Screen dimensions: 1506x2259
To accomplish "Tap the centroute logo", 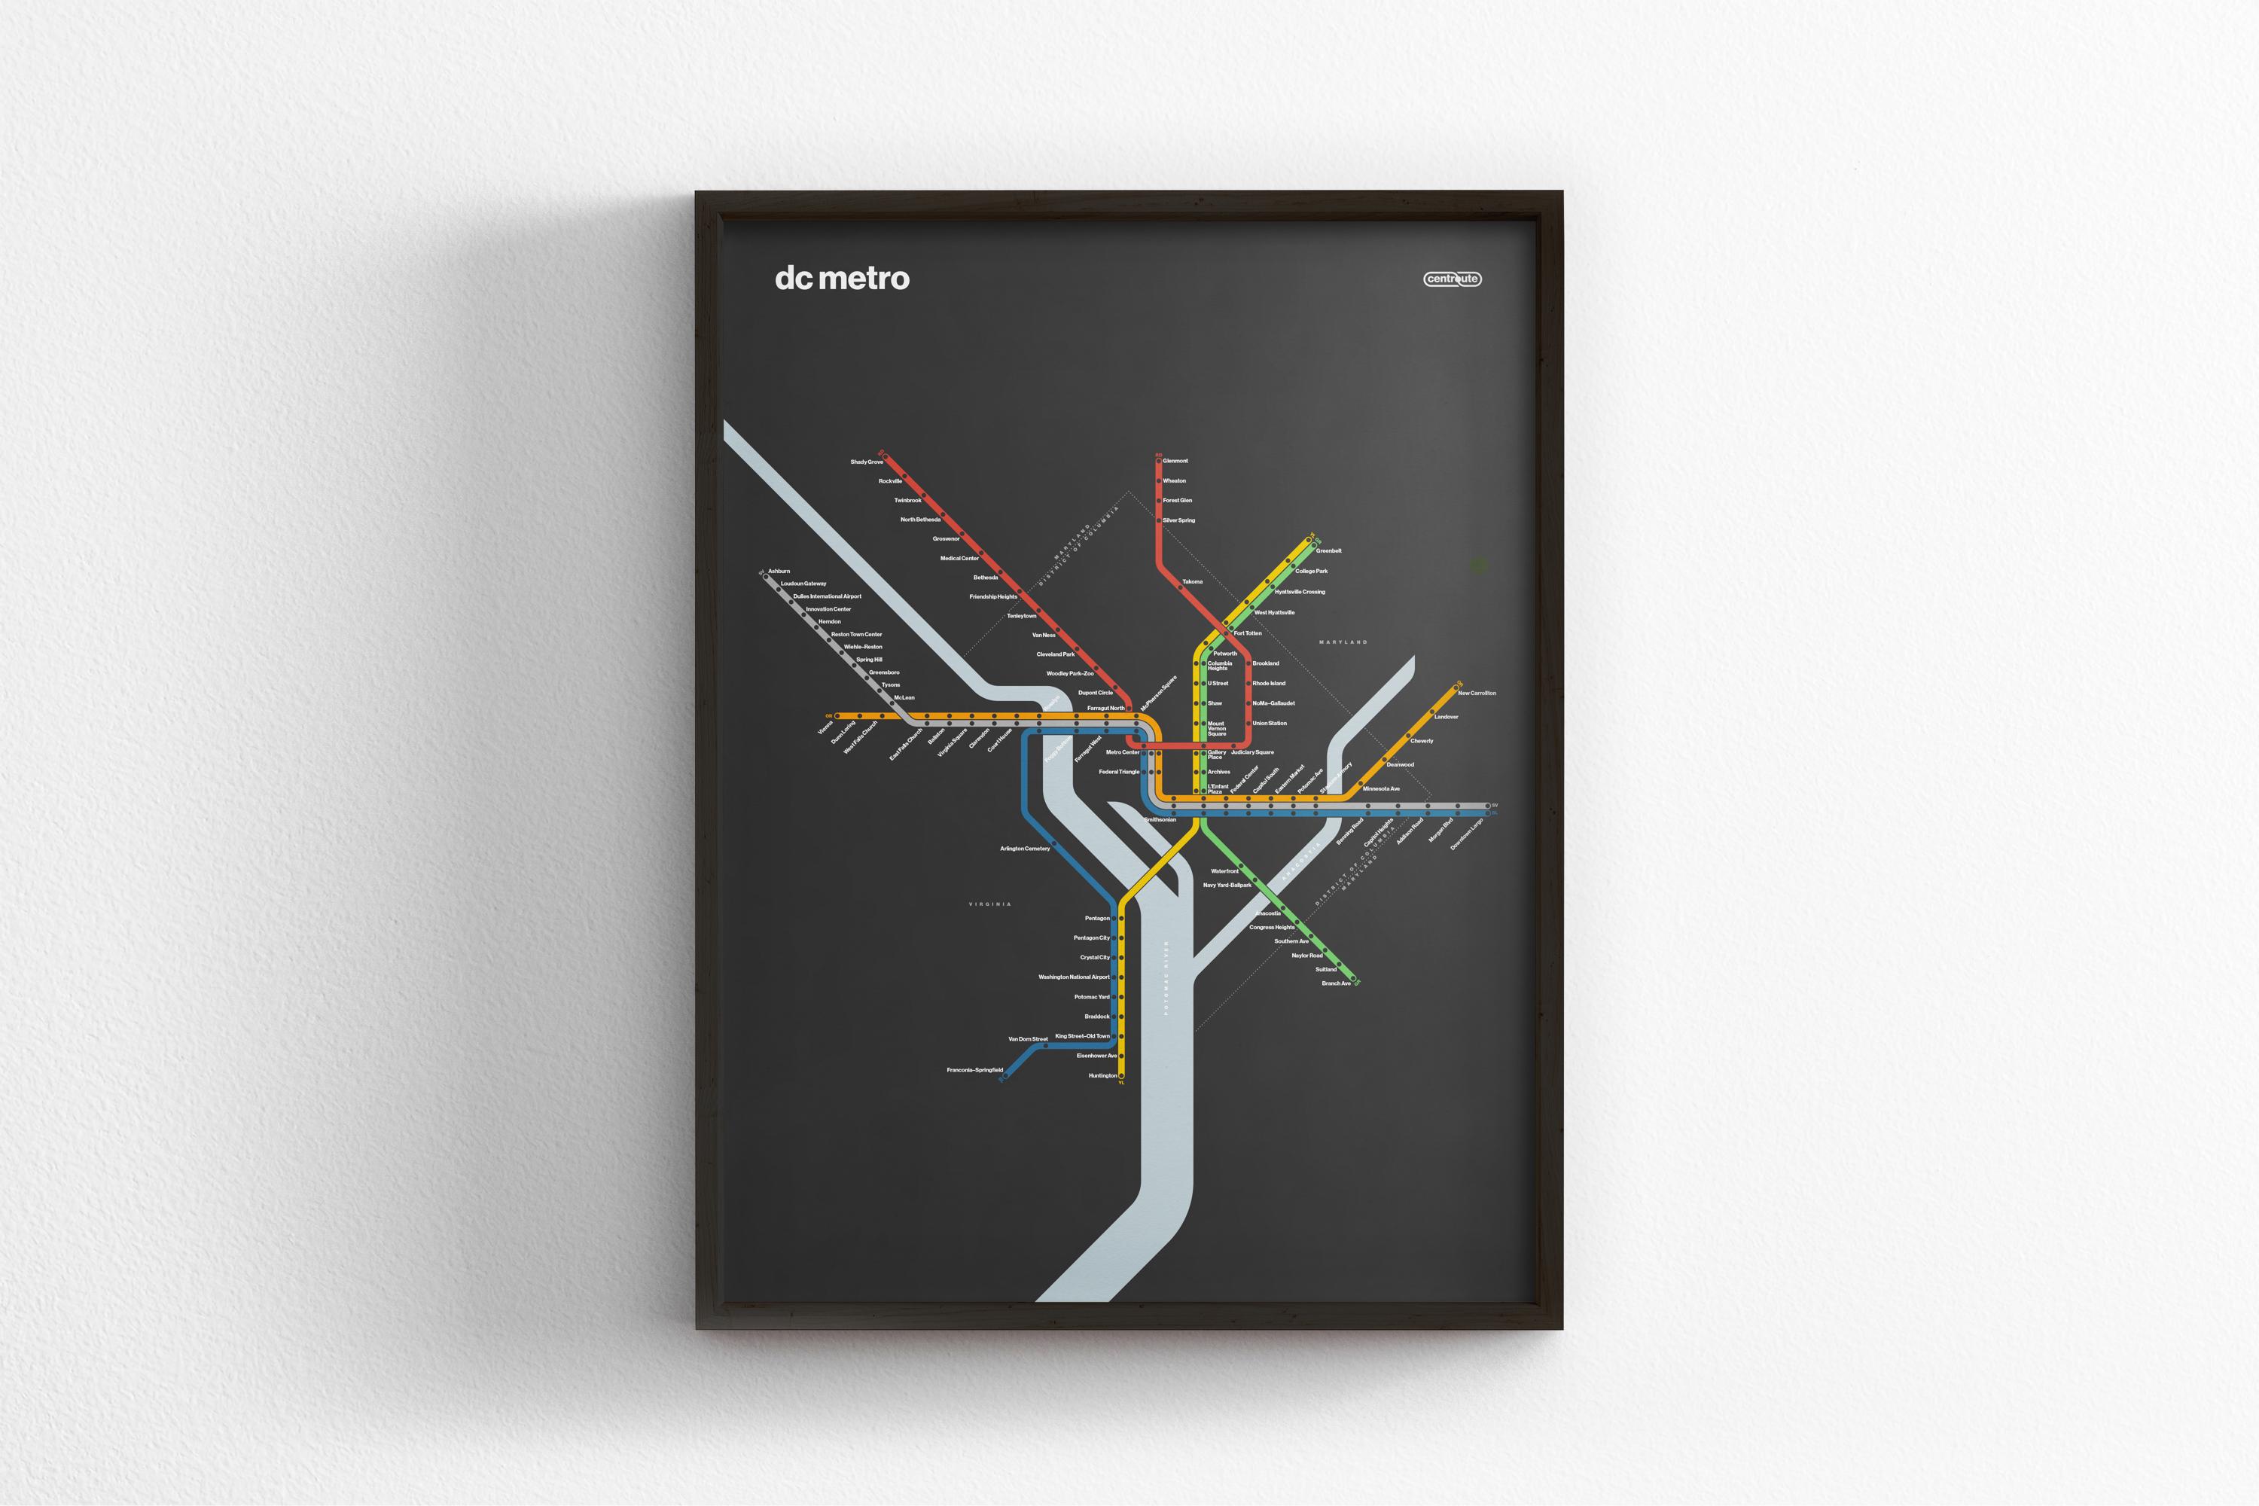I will [1453, 279].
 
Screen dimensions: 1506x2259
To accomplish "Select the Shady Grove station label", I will [867, 462].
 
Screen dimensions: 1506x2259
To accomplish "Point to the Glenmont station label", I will [1175, 461].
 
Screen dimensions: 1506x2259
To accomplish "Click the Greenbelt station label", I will [1328, 551].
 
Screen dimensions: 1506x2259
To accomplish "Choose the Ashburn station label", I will [779, 572].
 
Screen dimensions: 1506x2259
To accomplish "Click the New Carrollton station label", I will [1476, 694].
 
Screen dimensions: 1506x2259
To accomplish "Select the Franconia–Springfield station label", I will [974, 1070].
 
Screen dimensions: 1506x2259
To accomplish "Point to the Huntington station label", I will [1102, 1076].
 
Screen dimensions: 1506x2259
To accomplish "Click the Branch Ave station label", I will [1336, 983].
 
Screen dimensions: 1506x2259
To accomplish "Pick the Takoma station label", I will [1192, 582].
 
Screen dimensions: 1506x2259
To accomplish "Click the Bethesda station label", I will [986, 578].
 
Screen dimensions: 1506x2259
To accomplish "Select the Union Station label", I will [1270, 723].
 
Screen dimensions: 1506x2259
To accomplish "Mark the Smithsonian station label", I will [1160, 820].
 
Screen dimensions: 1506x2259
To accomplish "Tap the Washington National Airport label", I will [1074, 977].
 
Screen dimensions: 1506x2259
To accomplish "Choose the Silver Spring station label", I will [1178, 520].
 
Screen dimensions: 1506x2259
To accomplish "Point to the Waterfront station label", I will [1224, 871].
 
